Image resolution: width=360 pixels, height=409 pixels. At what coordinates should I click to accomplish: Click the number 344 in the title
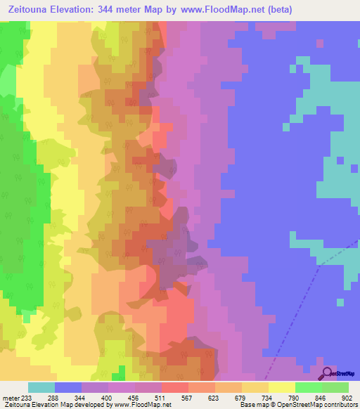click(124, 10)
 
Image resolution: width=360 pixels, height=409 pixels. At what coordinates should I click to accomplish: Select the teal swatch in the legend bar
click(41, 387)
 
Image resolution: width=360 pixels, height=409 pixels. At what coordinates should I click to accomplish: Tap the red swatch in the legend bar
click(175, 387)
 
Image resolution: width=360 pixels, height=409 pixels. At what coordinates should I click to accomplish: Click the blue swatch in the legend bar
click(68, 387)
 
